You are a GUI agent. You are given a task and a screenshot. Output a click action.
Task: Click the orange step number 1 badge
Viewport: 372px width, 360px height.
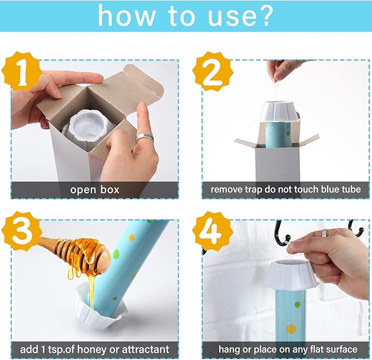tap(21, 72)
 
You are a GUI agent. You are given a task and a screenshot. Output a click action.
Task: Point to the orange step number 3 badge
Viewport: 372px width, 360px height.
tap(21, 231)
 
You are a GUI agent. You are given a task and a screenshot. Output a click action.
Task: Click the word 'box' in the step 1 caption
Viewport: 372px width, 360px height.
tap(110, 190)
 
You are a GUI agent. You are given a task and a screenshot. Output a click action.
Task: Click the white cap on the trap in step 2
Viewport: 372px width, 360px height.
tap(280, 112)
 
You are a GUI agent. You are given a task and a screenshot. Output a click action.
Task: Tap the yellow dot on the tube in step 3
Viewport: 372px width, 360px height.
tap(131, 237)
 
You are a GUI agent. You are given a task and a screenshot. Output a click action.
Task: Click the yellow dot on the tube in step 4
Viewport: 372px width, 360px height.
tap(291, 329)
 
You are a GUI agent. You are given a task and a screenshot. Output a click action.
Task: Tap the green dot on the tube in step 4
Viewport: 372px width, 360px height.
tap(297, 305)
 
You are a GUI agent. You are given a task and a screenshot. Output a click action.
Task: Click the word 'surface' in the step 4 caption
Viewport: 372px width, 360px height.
tap(342, 350)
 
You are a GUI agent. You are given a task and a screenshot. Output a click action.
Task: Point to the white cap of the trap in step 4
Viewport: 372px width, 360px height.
tap(294, 275)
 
